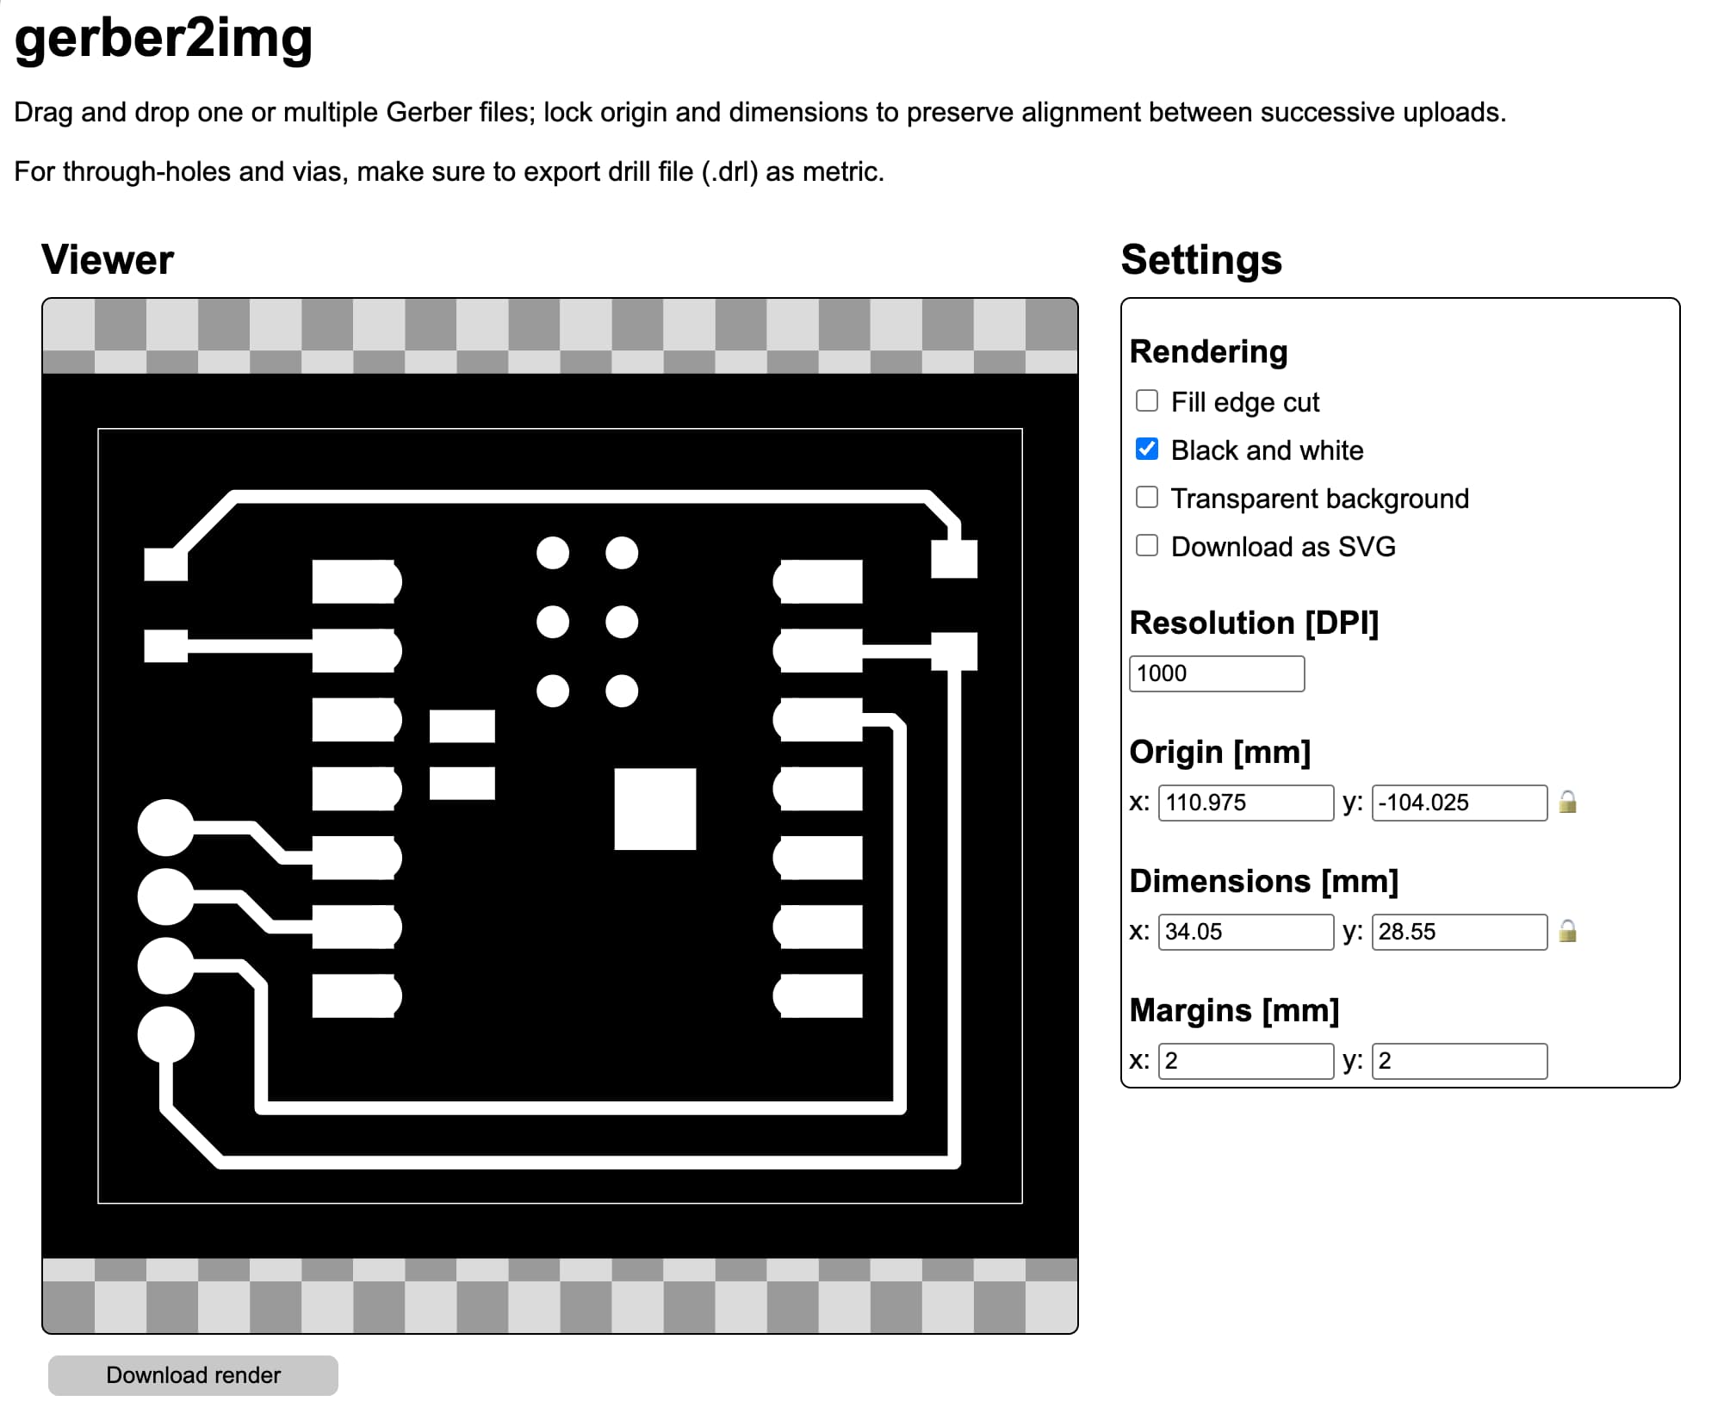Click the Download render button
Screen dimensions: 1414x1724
(x=193, y=1375)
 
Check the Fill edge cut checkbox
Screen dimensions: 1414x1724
(x=1147, y=400)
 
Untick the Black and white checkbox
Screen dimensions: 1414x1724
(x=1147, y=449)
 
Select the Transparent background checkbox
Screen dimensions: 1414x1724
(x=1147, y=497)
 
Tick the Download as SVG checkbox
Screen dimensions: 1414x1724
(x=1147, y=545)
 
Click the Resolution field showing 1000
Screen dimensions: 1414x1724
(x=1216, y=673)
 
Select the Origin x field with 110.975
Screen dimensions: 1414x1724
(x=1245, y=803)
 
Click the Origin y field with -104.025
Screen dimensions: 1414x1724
(x=1459, y=803)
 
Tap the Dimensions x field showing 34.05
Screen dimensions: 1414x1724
(x=1245, y=932)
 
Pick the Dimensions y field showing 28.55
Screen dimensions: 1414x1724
(x=1459, y=932)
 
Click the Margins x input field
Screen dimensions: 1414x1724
(x=1245, y=1061)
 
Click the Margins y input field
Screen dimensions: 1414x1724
(x=1459, y=1061)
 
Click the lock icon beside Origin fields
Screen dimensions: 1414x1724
(x=1568, y=803)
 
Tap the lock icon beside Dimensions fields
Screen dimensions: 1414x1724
(x=1568, y=932)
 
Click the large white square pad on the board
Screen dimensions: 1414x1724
(x=654, y=809)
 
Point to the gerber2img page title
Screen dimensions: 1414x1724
(x=164, y=40)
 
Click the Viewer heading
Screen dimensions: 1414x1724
(x=108, y=260)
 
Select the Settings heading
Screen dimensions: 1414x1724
(x=1201, y=260)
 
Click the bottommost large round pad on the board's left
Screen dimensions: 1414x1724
(x=166, y=1034)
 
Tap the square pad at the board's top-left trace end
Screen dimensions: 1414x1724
(x=166, y=565)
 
